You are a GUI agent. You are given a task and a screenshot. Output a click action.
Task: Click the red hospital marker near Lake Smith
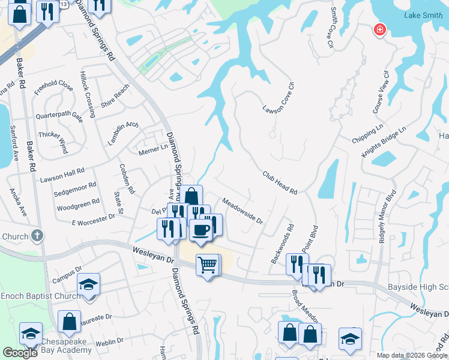379,29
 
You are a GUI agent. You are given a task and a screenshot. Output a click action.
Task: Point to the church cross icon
37,235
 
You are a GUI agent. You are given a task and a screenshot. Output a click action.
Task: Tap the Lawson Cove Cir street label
278,97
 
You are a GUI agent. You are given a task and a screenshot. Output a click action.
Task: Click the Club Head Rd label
280,182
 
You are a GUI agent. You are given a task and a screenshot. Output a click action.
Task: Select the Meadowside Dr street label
243,211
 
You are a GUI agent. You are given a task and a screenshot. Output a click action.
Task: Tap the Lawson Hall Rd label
62,175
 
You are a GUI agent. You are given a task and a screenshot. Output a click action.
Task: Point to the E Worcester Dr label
93,220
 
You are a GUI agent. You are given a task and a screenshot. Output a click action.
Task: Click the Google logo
20,353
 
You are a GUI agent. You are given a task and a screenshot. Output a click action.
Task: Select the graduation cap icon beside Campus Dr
88,284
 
